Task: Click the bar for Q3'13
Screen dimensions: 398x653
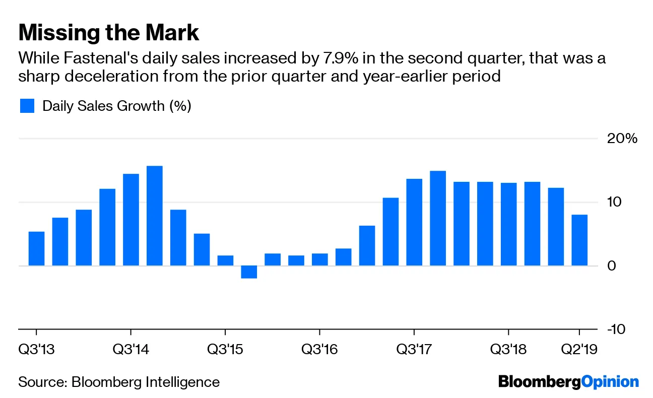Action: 36,248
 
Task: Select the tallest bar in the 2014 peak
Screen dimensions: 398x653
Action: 154,216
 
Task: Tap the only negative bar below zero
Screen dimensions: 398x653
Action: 249,272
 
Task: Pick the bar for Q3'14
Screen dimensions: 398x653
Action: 131,220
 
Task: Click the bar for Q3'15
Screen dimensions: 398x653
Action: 225,260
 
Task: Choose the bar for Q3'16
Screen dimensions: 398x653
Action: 319,259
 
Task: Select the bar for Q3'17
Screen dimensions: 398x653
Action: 414,222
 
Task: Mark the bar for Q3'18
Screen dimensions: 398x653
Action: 508,224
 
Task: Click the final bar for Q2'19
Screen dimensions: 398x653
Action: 579,240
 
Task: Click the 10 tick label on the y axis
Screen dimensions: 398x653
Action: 616,202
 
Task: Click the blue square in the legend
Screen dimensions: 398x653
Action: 27,106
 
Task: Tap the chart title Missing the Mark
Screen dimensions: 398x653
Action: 109,33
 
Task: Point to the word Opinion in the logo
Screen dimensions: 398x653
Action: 610,381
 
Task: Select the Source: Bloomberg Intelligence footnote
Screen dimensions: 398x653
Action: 119,382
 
